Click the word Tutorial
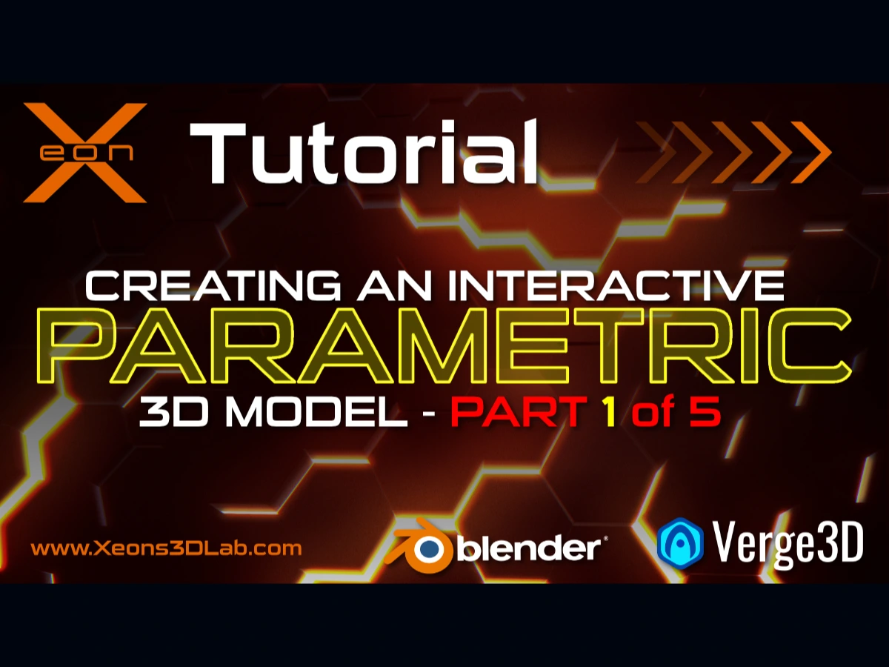point(363,153)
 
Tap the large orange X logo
point(84,152)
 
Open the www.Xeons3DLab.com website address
point(166,549)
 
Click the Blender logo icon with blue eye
point(424,546)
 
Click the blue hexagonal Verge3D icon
point(679,544)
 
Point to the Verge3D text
point(788,543)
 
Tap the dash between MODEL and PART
point(429,415)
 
